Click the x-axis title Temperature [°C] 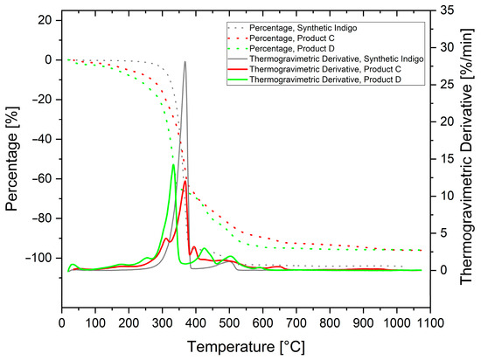(x=246, y=347)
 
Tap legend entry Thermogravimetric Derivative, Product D (x=324, y=80)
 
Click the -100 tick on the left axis (x=36, y=259)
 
